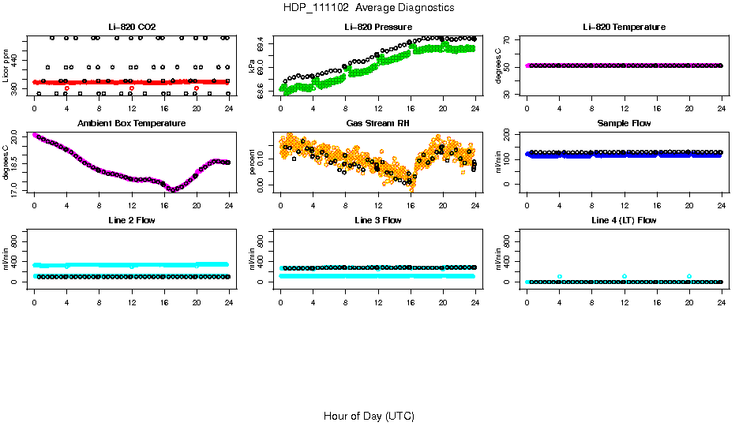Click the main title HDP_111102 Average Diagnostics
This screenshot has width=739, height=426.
tap(369, 8)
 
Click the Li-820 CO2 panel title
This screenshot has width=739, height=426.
tap(132, 27)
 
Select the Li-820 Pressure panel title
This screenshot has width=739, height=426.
tap(378, 27)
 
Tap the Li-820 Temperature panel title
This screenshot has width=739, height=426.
tap(624, 27)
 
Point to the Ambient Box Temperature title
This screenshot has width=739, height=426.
tap(132, 124)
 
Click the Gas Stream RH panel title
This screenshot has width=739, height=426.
tap(378, 124)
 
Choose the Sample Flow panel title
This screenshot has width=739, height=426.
tap(624, 124)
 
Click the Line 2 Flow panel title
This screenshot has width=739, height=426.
tap(132, 220)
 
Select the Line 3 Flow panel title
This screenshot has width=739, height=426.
tap(378, 220)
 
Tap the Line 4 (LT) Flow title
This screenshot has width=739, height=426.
tap(624, 220)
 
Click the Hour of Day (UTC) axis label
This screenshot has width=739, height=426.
tap(369, 416)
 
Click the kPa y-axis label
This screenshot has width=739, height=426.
tap(252, 69)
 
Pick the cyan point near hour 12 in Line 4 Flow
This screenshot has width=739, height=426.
tap(625, 276)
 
